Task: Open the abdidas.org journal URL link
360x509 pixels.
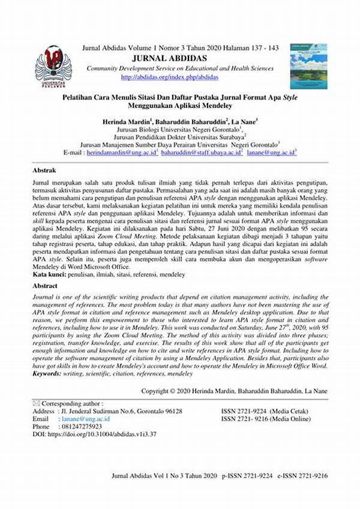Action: pyautogui.click(x=170, y=77)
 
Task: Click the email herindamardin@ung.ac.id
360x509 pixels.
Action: pyautogui.click(x=122, y=153)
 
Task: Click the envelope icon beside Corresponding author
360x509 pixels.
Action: pyautogui.click(x=36, y=403)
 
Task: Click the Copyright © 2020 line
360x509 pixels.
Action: pyautogui.click(x=235, y=390)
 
